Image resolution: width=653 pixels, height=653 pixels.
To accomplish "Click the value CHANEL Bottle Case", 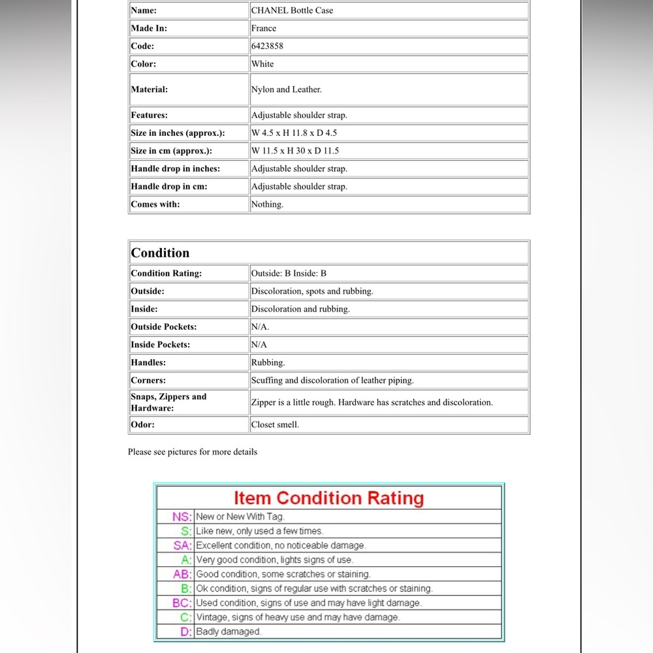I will pyautogui.click(x=292, y=10).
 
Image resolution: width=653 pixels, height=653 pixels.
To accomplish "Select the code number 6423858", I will pyautogui.click(x=267, y=46).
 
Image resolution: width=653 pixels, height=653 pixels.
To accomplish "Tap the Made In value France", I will pyautogui.click(x=264, y=29).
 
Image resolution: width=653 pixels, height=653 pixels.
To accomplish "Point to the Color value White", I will pyautogui.click(x=263, y=64).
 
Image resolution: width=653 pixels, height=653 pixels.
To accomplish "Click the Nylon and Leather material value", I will pyautogui.click(x=286, y=89).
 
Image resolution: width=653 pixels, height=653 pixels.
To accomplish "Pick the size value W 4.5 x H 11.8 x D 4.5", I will pyautogui.click(x=294, y=133).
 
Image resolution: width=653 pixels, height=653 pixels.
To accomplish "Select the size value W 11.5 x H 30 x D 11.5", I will pyautogui.click(x=295, y=151).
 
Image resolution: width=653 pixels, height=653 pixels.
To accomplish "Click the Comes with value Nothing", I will pyautogui.click(x=267, y=204).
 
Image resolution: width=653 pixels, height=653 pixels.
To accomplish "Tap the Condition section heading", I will pyautogui.click(x=160, y=253).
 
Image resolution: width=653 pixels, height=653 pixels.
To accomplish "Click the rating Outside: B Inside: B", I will pyautogui.click(x=289, y=274).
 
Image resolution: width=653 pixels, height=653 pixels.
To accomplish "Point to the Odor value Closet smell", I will pyautogui.click(x=275, y=424).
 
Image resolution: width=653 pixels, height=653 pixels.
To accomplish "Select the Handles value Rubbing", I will pyautogui.click(x=268, y=362).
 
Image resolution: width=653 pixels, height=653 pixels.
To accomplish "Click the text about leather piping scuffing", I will pyautogui.click(x=332, y=380).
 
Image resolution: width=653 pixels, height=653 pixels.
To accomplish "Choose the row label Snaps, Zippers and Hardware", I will pyautogui.click(x=168, y=402).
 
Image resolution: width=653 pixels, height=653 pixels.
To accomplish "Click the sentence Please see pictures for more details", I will pyautogui.click(x=193, y=452).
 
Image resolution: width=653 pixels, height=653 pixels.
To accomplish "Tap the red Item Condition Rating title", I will pyautogui.click(x=328, y=498).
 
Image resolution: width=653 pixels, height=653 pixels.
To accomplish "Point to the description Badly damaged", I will pyautogui.click(x=229, y=631).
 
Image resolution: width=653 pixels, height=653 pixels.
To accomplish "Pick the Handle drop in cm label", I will pyautogui.click(x=169, y=187).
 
